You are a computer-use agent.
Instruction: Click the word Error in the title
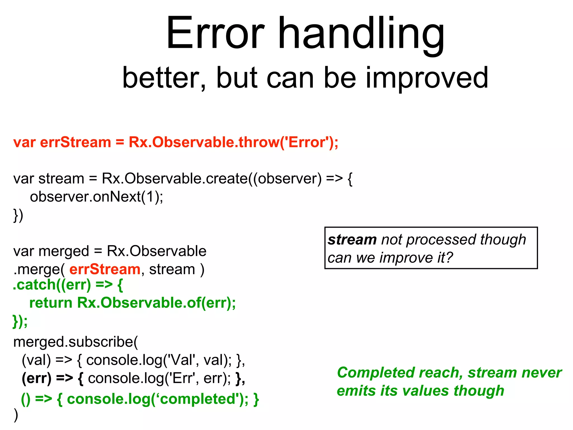click(215, 34)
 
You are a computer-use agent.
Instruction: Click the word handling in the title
click(361, 35)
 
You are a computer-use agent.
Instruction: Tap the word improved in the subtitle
click(427, 78)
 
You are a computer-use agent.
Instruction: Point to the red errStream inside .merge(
click(105, 269)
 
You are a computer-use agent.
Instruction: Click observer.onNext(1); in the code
click(97, 197)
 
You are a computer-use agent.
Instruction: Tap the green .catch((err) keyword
click(52, 285)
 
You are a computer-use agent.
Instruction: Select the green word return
click(51, 303)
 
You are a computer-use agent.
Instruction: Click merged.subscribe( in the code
click(76, 342)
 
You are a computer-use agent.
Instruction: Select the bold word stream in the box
click(352, 240)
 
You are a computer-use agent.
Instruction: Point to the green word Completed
click(375, 373)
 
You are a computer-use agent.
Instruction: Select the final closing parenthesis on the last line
click(16, 415)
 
